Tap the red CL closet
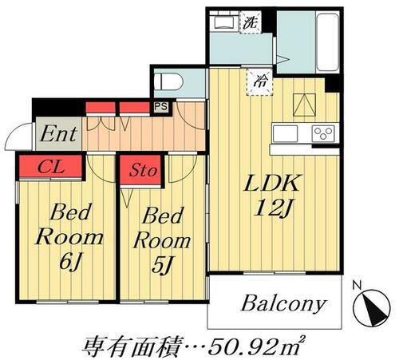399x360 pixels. coord(49,167)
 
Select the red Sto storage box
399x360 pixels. coord(142,169)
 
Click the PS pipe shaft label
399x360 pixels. coord(160,105)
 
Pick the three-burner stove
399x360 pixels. coord(322,133)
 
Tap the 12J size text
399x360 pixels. coord(271,209)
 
